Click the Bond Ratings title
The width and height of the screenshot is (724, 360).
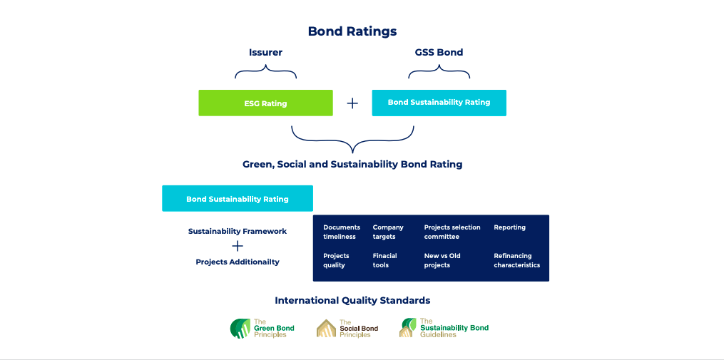(352, 31)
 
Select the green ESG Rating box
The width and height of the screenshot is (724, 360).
(265, 103)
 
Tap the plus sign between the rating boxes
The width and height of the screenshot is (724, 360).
(352, 103)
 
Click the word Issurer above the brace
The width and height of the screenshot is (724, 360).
(265, 52)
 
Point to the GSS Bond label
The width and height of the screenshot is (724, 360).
(439, 52)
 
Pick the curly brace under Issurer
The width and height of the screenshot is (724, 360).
(265, 72)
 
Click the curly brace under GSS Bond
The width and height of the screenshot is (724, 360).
(439, 72)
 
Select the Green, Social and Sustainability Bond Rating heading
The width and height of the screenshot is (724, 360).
(352, 164)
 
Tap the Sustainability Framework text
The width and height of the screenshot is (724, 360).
(238, 231)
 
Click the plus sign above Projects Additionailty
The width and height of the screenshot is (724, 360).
(238, 246)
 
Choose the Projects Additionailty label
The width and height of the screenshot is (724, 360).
(238, 262)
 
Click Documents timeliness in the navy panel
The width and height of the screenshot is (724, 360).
(342, 232)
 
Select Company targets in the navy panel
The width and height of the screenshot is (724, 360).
(388, 232)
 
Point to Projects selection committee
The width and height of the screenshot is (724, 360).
(452, 232)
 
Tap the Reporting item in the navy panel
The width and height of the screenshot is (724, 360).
(509, 227)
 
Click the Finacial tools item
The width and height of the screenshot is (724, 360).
(385, 260)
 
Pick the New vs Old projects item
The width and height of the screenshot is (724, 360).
(442, 260)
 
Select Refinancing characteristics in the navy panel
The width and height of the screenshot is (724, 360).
(516, 260)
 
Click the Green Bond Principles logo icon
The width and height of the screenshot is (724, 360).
(240, 329)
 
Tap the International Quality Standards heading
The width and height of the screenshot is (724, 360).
(352, 300)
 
